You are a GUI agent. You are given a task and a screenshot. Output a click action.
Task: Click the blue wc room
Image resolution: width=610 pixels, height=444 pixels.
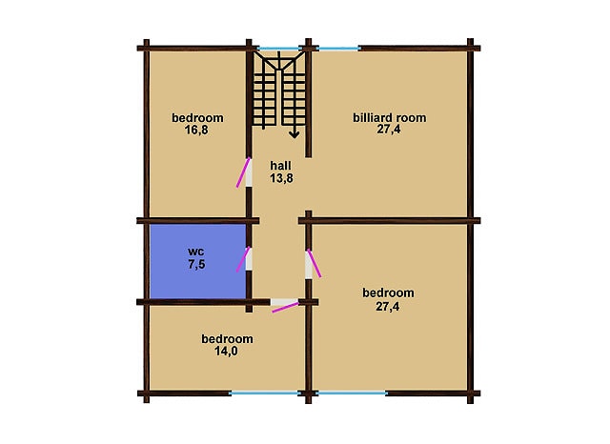pos(198,261)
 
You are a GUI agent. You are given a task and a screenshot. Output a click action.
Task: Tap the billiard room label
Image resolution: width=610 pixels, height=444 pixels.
pos(390,117)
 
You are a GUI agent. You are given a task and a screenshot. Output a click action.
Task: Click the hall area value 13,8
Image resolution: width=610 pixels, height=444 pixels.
pos(281,178)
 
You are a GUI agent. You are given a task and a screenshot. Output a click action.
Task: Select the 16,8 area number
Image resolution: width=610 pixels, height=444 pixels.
pos(196,130)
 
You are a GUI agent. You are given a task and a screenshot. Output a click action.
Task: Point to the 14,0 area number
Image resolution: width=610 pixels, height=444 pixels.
pos(226,352)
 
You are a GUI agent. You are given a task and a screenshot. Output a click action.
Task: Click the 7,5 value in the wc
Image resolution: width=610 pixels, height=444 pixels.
pos(196,264)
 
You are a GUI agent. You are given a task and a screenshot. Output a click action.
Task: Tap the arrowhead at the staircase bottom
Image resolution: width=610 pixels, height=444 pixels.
pos(295,134)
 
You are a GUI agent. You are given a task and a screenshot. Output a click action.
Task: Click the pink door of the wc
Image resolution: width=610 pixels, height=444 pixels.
pos(243,259)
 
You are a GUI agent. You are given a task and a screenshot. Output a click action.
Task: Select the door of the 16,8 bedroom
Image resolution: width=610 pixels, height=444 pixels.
pos(243,172)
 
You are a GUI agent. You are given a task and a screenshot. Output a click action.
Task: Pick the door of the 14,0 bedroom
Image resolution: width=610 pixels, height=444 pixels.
pos(285,308)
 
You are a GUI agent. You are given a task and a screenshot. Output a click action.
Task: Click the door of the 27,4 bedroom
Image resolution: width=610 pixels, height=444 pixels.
pos(315,263)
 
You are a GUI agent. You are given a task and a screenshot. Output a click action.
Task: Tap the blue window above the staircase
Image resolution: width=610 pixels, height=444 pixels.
pos(278,49)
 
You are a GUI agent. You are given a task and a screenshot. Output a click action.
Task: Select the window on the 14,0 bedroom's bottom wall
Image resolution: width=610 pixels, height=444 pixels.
pos(265,394)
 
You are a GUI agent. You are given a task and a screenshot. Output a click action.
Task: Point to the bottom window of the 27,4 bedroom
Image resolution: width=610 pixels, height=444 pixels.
pos(352,394)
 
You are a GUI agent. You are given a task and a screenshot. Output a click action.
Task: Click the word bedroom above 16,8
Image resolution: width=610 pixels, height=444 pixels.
pos(197,117)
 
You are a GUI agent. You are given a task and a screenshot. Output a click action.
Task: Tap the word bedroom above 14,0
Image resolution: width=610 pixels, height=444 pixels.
pos(227,339)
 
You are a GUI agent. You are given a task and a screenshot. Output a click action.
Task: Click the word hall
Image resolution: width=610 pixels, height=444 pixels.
pos(280,166)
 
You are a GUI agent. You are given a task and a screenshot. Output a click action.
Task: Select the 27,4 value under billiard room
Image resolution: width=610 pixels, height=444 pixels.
pos(388,130)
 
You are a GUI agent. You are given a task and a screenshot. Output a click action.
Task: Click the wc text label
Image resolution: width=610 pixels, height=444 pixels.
pos(196,252)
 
